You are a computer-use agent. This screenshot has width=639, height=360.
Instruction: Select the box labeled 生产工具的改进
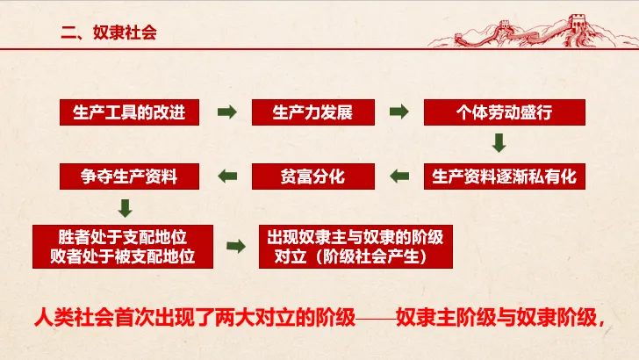tap(130, 112)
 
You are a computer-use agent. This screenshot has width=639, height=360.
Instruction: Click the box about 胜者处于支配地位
tap(125, 247)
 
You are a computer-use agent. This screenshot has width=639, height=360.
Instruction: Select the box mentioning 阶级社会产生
tap(355, 247)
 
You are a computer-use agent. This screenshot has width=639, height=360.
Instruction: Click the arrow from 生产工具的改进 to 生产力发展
tap(227, 112)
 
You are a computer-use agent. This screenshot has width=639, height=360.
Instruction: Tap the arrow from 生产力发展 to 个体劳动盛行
tap(399, 112)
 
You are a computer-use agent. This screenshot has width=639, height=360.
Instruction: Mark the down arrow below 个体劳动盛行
tap(499, 143)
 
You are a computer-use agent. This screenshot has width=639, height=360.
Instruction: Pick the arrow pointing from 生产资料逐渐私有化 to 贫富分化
tap(399, 176)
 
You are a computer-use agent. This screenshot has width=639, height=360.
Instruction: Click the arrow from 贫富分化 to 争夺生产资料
tap(227, 176)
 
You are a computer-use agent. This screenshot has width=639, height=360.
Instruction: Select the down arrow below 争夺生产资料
tap(126, 208)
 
